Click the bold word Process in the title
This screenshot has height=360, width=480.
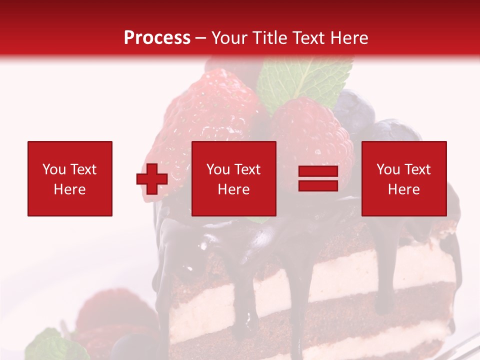157,38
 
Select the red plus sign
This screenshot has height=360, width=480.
152,179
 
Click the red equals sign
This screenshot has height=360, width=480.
318,178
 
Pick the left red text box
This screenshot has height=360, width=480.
69,178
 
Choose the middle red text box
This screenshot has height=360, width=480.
233,178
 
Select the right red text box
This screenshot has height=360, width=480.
403,178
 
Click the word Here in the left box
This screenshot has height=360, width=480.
69,189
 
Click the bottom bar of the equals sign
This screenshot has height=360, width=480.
318,185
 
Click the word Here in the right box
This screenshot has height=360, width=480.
403,189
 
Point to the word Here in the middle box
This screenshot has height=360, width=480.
233,189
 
